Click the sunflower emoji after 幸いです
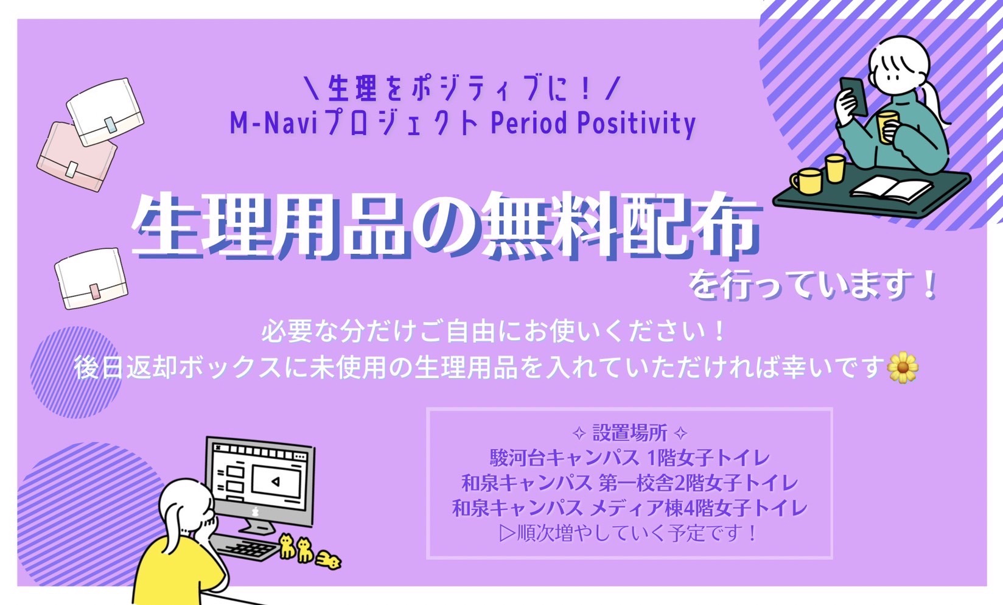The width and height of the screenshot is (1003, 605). tap(903, 367)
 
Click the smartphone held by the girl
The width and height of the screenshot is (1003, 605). tap(853, 96)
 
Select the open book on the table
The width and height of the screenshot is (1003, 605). tap(890, 188)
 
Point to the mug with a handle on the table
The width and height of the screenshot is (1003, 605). tap(806, 181)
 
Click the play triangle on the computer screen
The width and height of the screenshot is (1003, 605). tap(276, 482)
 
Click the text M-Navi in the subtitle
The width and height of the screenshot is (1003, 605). tap(273, 123)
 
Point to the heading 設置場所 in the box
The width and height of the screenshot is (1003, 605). tap(629, 433)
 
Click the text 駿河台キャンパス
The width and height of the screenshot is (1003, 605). tap(564, 458)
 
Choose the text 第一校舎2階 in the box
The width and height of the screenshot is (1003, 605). tap(655, 483)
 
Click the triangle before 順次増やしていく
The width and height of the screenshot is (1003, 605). tap(507, 533)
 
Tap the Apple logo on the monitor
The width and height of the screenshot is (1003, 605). tap(256, 511)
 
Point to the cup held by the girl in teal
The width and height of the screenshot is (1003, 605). tap(887, 127)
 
